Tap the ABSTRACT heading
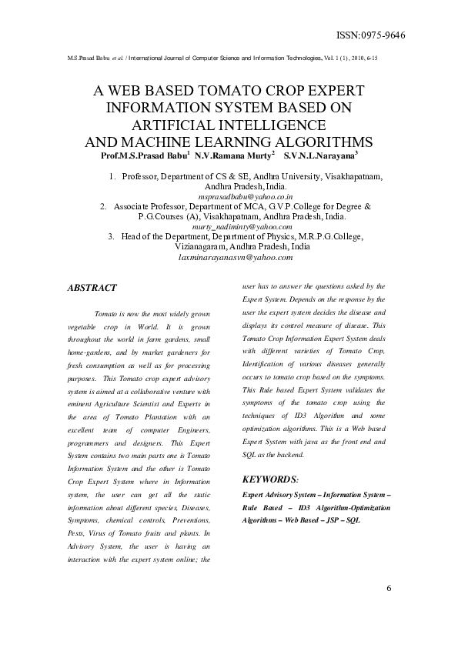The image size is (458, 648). pos(92,288)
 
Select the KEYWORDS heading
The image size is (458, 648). pos(270,479)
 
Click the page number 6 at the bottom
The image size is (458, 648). pos(389,589)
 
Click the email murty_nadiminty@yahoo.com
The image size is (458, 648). pos(242,227)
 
